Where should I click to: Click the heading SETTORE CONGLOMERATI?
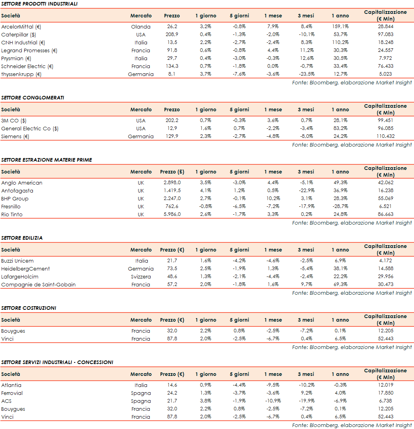click(x=32, y=97)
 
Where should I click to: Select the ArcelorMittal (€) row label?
click(x=21, y=27)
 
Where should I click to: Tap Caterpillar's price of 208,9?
click(x=172, y=34)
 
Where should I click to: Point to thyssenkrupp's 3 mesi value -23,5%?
click(x=306, y=74)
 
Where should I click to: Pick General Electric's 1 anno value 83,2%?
click(x=340, y=128)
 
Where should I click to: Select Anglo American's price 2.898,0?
click(x=172, y=183)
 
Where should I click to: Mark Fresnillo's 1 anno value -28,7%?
click(x=340, y=206)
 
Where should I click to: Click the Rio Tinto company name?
click(x=12, y=214)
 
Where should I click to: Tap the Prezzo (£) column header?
click(x=172, y=172)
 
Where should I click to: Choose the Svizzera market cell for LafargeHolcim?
click(x=141, y=276)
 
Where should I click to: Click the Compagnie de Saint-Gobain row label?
click(x=38, y=284)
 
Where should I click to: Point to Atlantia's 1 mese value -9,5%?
click(x=273, y=385)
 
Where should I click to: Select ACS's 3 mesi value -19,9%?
click(x=306, y=401)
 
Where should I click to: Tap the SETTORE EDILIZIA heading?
click(x=22, y=238)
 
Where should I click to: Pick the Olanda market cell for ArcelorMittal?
click(x=141, y=27)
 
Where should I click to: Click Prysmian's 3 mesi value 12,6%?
click(x=306, y=58)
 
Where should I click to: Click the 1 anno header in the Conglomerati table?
click(x=340, y=110)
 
